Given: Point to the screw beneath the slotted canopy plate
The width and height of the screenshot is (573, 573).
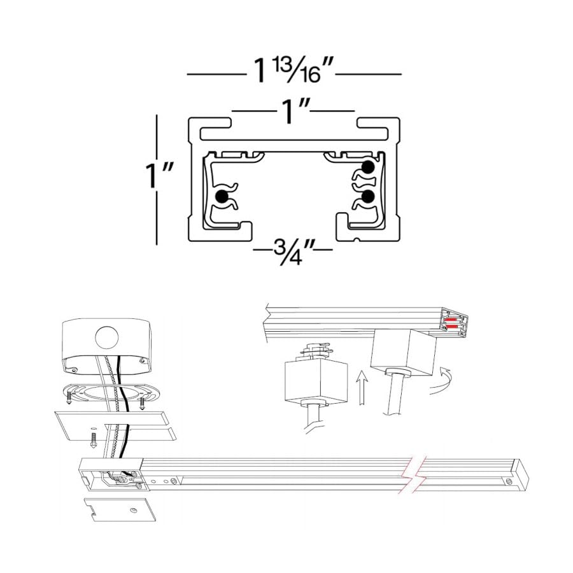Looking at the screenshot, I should pyautogui.click(x=93, y=439).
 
